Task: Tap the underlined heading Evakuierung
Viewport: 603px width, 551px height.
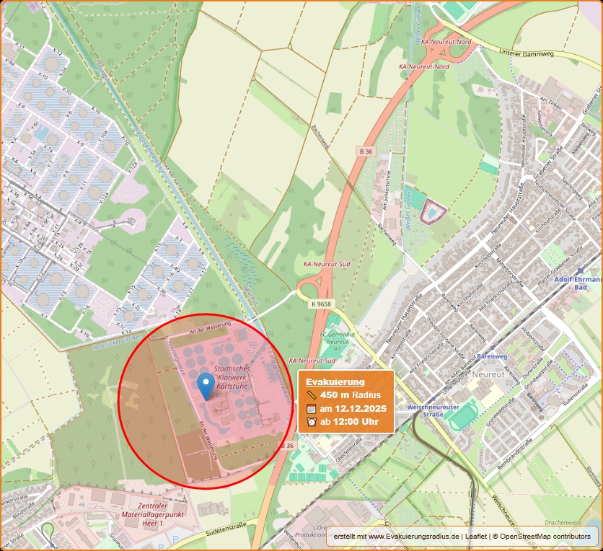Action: point(335,382)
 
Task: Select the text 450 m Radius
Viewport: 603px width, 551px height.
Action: point(351,395)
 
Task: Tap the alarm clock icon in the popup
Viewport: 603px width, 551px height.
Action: point(311,422)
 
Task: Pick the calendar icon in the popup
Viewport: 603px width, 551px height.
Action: point(311,409)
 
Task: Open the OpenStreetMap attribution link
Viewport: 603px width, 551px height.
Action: point(542,537)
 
